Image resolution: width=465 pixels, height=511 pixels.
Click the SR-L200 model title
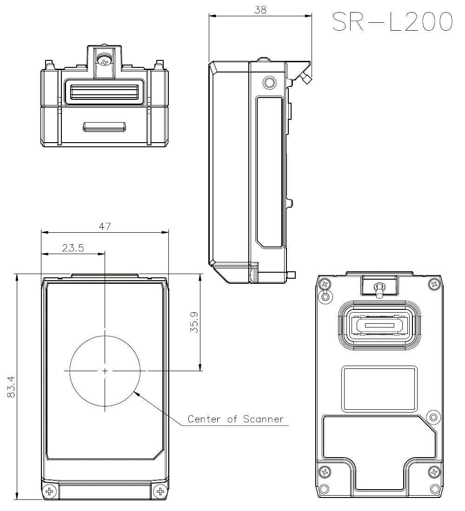pos(392,22)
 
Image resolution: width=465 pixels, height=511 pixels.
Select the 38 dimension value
pos(260,10)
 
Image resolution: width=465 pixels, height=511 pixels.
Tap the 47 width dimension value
pos(105,226)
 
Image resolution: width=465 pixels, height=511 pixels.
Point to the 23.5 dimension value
pos(73,248)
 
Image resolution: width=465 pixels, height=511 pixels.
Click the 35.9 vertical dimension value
pos(195,322)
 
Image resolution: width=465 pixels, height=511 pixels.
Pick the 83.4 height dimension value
pos(11,387)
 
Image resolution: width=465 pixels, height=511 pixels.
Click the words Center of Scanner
pos(235,419)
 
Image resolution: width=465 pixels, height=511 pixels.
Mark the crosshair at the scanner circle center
pos(105,371)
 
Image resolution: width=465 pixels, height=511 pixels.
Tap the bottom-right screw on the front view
pos(161,491)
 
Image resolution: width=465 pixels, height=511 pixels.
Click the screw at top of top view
pos(105,60)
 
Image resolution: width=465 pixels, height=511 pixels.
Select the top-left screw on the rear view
pos(325,283)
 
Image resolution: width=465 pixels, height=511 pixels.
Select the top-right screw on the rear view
pos(434,283)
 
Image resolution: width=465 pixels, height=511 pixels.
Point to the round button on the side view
pos(269,83)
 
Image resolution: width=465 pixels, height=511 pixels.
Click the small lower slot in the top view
pos(105,126)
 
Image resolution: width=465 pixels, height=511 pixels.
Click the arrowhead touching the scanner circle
pos(135,393)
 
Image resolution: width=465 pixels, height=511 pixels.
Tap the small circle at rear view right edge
pos(433,417)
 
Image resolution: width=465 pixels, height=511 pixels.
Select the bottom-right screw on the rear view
pos(434,472)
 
